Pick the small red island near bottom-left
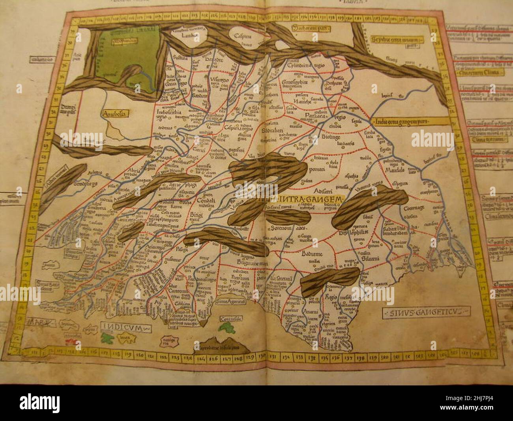pyautogui.click(x=72, y=340)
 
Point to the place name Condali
pyautogui.click(x=206, y=201)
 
